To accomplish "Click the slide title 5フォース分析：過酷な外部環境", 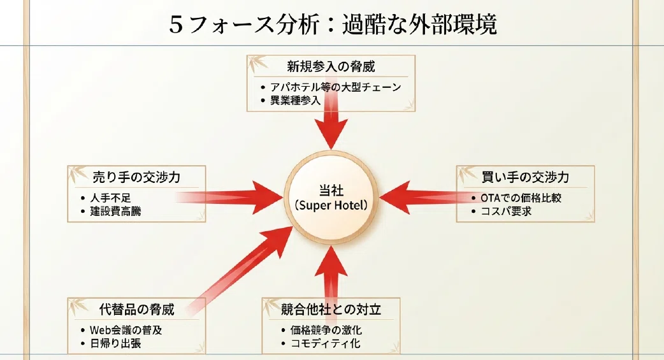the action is click(333, 24).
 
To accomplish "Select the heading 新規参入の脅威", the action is click(331, 66).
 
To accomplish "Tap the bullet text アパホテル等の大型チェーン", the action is click(336, 87).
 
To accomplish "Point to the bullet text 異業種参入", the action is click(296, 101).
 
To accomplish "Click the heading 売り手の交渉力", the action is click(136, 177).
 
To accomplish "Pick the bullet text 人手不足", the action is click(110, 198).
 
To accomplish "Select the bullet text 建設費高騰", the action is click(115, 211).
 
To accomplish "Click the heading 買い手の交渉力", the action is click(525, 177).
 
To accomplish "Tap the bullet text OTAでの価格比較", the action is click(521, 198).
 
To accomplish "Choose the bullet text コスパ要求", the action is click(506, 211).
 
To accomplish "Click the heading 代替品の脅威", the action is click(136, 310).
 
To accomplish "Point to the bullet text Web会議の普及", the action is click(126, 330).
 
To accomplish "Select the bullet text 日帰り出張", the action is click(115, 343).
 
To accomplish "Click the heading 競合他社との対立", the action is click(331, 310).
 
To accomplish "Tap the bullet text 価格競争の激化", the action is click(326, 330).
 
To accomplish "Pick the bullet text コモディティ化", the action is click(325, 343).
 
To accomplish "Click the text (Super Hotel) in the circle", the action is click(331, 205).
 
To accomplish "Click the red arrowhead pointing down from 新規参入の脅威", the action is click(331, 132).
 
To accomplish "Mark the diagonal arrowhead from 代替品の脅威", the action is click(275, 240).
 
